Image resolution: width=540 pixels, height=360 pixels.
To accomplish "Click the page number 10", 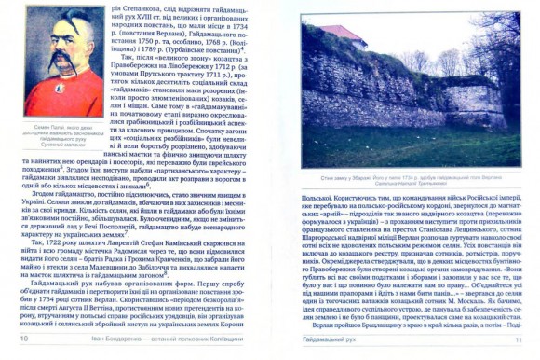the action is pos(23,350).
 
